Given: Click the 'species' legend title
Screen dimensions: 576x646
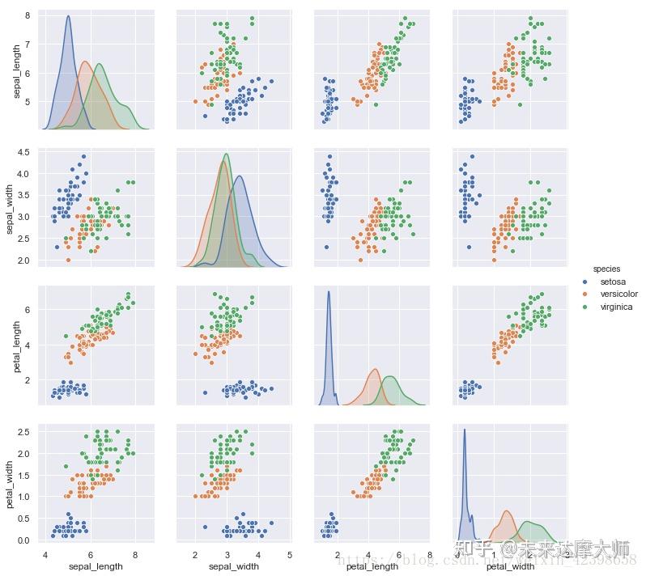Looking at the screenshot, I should point(607,268).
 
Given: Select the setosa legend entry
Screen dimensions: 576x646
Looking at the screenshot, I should point(613,282).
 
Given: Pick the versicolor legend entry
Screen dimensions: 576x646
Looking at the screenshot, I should point(618,294).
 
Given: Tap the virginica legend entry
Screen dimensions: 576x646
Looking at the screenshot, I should point(616,307).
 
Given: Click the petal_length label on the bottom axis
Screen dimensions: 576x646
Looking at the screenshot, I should point(372,566).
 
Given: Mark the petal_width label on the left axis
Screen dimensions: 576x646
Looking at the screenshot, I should point(11,483).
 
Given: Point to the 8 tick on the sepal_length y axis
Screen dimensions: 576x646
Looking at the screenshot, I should point(28,15).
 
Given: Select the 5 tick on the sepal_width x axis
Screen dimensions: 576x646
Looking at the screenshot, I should point(290,555).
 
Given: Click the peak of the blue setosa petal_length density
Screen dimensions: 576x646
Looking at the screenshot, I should point(329,292).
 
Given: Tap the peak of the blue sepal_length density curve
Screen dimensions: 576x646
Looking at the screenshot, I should point(68,15).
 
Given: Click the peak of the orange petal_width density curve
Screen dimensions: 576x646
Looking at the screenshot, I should point(507,510).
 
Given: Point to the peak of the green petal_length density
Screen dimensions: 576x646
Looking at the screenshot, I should point(391,377).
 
